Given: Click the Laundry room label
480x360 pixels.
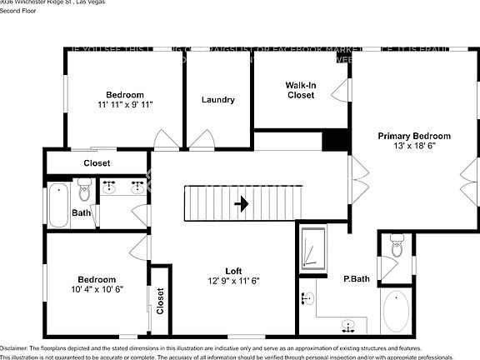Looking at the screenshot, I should [x=217, y=100].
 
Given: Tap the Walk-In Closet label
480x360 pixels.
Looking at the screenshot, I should [x=301, y=90].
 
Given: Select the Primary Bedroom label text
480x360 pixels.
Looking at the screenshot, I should [x=414, y=136].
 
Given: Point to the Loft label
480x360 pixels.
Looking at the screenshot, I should [x=233, y=271].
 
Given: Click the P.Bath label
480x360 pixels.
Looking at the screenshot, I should [x=357, y=278].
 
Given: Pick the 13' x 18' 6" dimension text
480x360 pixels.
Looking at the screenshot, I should [x=414, y=146].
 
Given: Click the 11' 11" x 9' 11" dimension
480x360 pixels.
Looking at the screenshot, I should [x=124, y=104].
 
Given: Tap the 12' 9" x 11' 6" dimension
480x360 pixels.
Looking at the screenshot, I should [x=233, y=281].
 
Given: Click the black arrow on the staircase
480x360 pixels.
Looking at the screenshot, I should [x=242, y=203].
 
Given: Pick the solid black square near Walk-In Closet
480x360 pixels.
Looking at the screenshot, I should [x=334, y=140].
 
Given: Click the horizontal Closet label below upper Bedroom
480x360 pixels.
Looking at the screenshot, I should [x=97, y=163].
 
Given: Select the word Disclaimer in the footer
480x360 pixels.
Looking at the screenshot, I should [x=14, y=347].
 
